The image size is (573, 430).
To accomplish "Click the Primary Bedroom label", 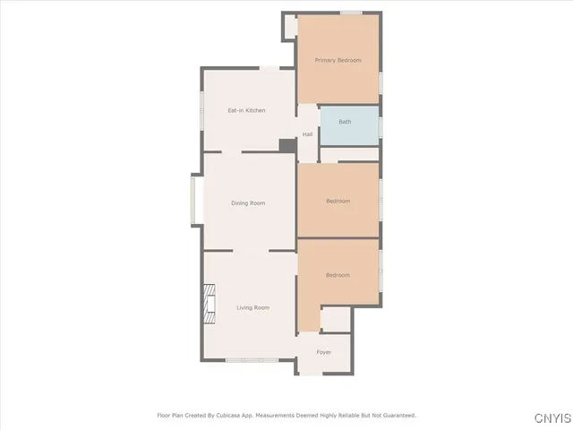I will tap(338, 60).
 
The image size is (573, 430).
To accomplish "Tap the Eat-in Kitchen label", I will tap(246, 110).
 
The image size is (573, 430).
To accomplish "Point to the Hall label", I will tap(307, 134).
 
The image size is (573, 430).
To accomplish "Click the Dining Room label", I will tap(248, 203).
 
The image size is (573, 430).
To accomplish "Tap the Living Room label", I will tap(252, 307).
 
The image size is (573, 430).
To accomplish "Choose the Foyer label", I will tap(324, 352).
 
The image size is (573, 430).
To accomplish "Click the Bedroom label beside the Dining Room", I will tap(338, 201).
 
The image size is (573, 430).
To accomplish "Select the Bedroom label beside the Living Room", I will tap(338, 275).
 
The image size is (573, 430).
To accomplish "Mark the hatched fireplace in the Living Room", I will tap(210, 304).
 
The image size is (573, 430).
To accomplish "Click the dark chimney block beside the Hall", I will tap(287, 145).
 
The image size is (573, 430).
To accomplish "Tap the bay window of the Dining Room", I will tap(196, 201).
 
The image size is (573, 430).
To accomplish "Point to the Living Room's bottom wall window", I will tap(251, 360).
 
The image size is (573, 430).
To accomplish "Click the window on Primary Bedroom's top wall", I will tap(351, 13).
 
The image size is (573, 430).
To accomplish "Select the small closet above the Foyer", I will tap(337, 319).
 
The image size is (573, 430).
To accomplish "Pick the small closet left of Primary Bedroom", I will tap(289, 26).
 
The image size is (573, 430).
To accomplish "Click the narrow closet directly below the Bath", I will tap(349, 155).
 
